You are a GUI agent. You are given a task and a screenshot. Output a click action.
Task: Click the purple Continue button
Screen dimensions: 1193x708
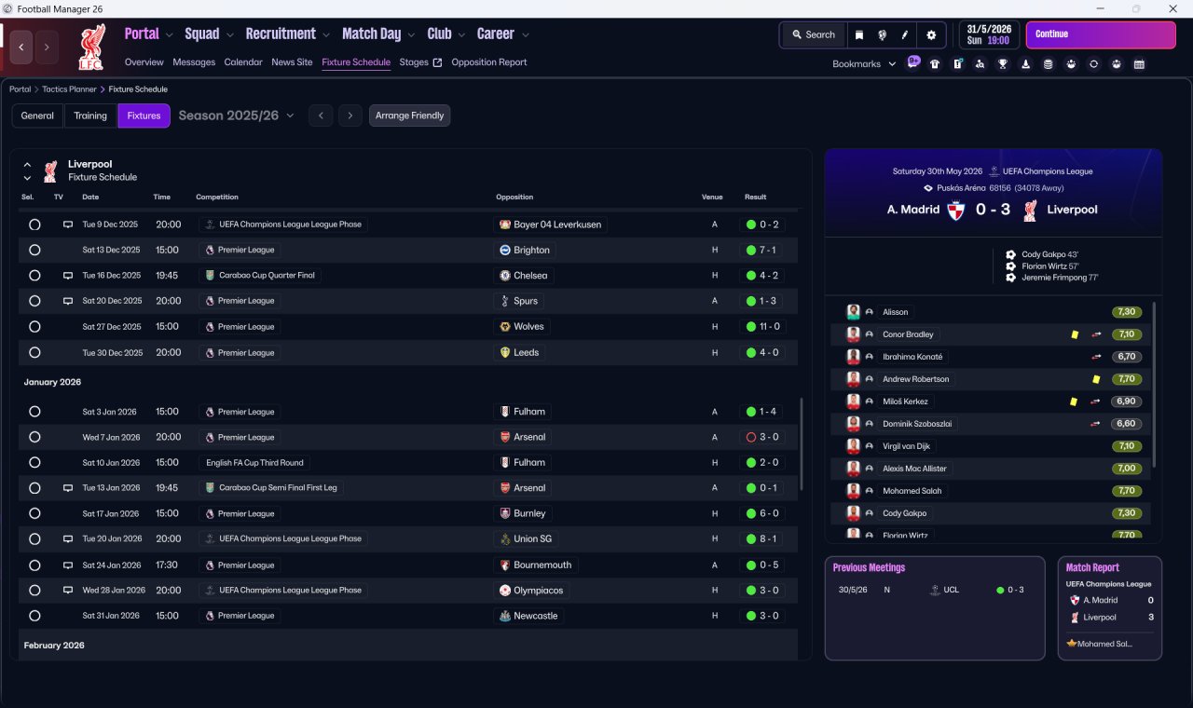(1101, 34)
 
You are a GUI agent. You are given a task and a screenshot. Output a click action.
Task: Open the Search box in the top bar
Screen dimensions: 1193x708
(814, 34)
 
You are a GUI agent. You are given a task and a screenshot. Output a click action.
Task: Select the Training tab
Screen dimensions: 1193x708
(90, 116)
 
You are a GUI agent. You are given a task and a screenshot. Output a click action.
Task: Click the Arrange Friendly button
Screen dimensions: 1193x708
(409, 116)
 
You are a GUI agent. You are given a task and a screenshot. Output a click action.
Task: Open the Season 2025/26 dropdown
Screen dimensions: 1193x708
(236, 116)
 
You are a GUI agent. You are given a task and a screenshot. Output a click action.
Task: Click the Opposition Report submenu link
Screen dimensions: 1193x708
(489, 62)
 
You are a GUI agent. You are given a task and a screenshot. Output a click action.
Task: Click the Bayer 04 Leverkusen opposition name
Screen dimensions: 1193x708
(557, 225)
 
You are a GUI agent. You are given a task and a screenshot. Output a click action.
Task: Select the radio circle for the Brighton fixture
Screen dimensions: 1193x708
(34, 251)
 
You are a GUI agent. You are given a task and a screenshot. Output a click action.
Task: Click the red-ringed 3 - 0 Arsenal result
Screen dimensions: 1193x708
(762, 437)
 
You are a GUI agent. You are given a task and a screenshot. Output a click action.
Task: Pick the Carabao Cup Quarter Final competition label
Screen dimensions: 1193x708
(267, 275)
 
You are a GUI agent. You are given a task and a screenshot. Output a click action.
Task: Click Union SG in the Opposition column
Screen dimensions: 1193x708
(532, 538)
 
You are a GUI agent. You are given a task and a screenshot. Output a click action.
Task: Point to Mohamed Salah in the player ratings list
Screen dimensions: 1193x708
(912, 491)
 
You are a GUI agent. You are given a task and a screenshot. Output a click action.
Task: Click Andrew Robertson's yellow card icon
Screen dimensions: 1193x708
(1095, 379)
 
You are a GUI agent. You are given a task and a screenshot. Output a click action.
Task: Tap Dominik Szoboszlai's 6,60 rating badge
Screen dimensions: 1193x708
(1126, 424)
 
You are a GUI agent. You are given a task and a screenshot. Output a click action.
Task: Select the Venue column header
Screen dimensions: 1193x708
(711, 197)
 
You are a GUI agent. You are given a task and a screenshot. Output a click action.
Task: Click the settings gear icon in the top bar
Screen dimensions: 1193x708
(931, 35)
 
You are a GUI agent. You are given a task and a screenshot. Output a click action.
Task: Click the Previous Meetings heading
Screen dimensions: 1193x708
(869, 567)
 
